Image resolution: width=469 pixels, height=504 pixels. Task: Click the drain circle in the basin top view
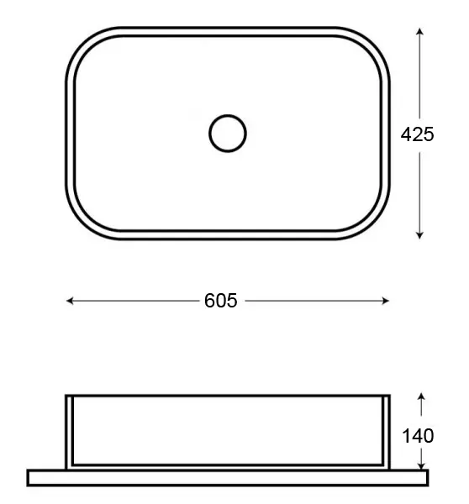pyautogui.click(x=228, y=115)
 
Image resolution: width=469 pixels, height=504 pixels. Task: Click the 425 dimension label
pyautogui.click(x=417, y=134)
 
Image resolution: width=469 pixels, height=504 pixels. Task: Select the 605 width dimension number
pyautogui.click(x=221, y=301)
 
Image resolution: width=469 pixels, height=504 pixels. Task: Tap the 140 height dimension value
pyautogui.click(x=418, y=436)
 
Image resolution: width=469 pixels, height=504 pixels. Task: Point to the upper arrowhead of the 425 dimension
pyautogui.click(x=419, y=31)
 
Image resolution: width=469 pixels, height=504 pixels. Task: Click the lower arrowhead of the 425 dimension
pyautogui.click(x=419, y=235)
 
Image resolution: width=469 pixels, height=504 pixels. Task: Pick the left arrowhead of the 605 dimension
pyautogui.click(x=70, y=301)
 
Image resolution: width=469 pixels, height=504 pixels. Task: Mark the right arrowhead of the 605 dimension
pyautogui.click(x=385, y=301)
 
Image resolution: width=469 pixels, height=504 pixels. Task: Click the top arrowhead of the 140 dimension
pyautogui.click(x=421, y=396)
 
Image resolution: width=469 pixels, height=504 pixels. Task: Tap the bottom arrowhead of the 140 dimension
pyautogui.click(x=421, y=465)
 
